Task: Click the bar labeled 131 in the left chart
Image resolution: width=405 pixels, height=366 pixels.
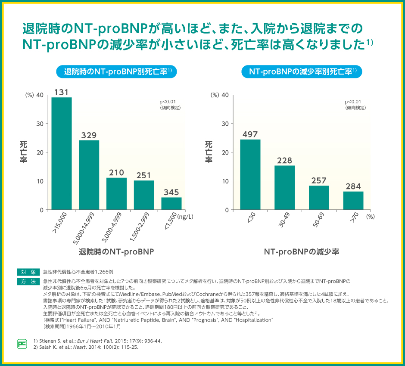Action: coord(62,153)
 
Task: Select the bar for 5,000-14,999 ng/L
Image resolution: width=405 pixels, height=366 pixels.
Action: coord(89,175)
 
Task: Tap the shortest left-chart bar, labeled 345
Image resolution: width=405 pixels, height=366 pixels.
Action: coord(171,203)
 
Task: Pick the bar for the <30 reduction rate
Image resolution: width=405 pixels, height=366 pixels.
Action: coord(250,174)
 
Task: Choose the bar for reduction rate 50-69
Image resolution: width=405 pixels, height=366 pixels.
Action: coord(319,198)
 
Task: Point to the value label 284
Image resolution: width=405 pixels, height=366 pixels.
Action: coord(353,186)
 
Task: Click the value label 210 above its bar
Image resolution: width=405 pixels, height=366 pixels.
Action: coord(116,173)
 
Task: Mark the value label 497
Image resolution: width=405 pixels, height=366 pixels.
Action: coord(250,134)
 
